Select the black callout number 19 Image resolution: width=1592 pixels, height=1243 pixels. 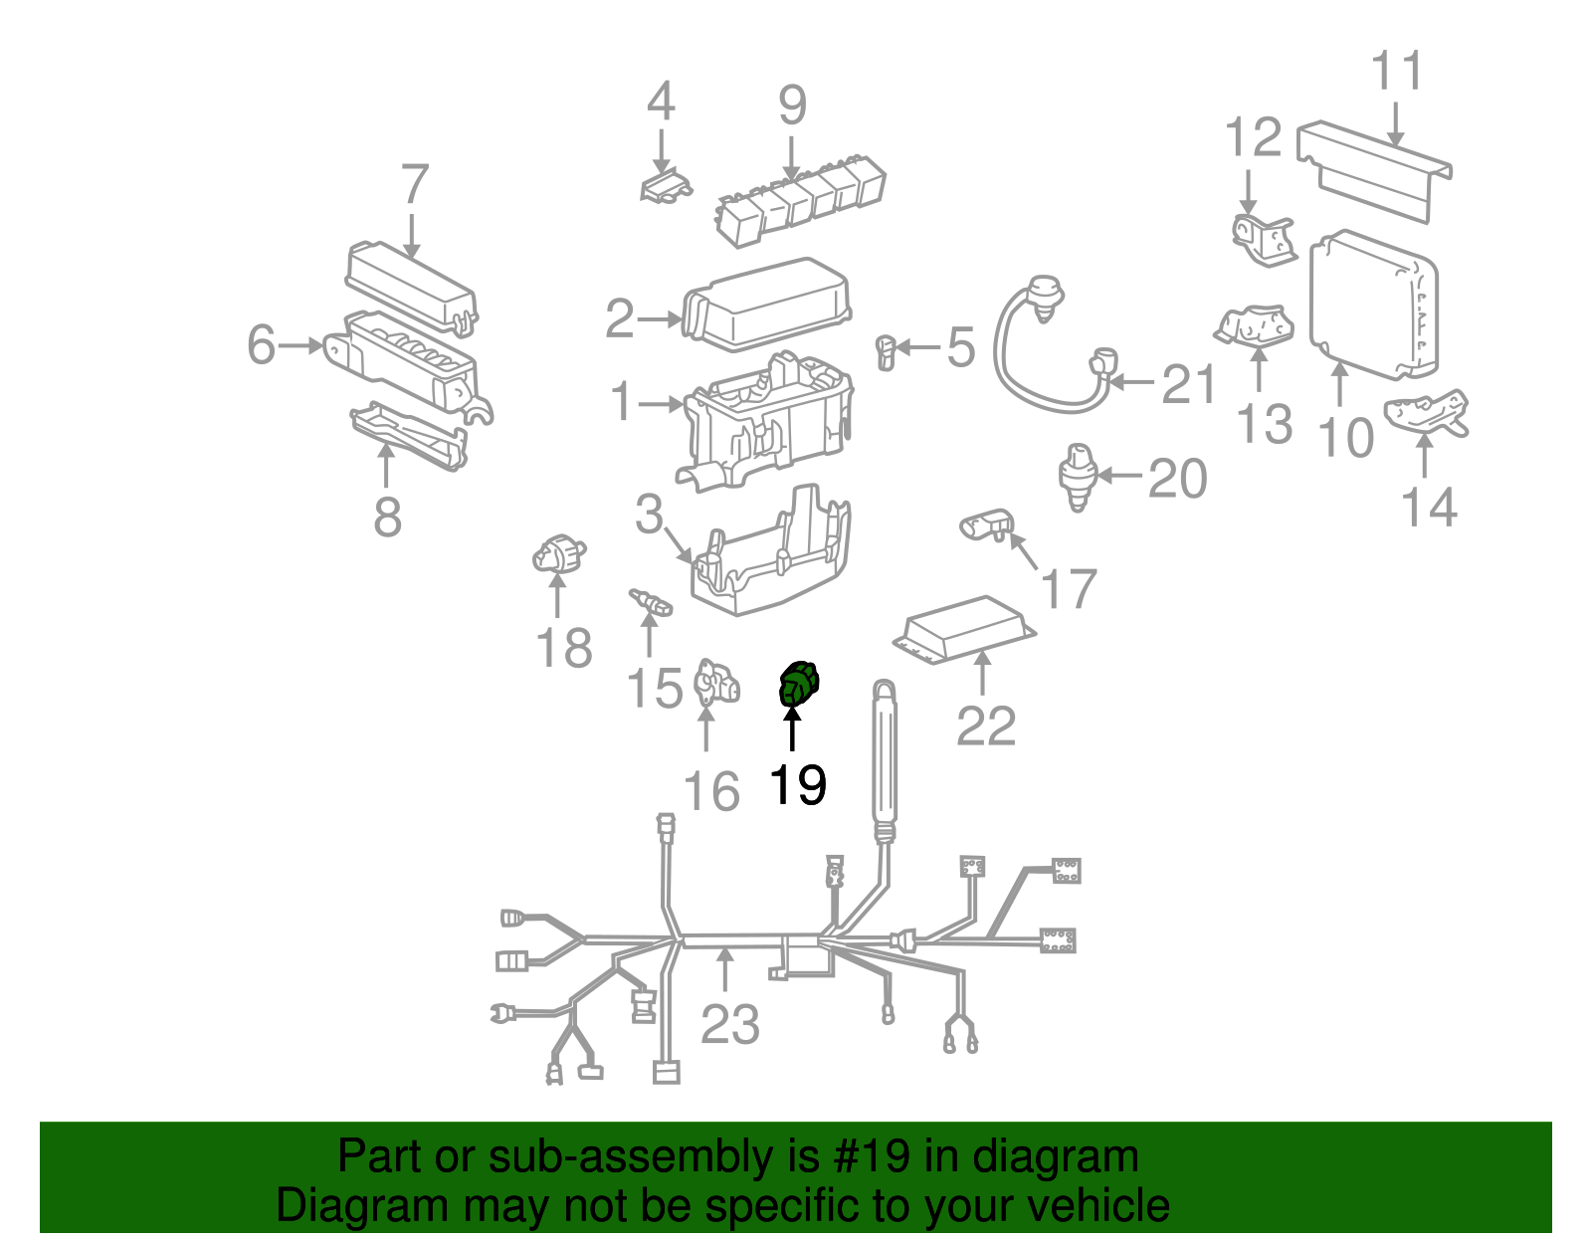click(x=798, y=785)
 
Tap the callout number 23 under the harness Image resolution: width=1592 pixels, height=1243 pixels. click(x=729, y=1024)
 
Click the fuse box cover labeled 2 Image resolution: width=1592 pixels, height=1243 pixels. click(x=767, y=304)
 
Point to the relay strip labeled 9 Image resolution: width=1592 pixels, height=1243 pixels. click(x=800, y=195)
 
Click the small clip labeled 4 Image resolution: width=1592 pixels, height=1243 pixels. click(x=665, y=186)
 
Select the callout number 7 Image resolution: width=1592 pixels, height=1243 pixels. click(x=414, y=185)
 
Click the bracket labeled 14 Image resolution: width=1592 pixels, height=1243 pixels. click(x=1427, y=412)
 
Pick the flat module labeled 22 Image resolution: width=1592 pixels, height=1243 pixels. click(x=963, y=629)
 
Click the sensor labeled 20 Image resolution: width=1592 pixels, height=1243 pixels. click(x=1077, y=477)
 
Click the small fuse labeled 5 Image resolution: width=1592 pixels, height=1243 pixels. click(x=886, y=351)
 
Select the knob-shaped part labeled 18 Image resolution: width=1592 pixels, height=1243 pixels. click(x=557, y=554)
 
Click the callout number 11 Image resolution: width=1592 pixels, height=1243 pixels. click(x=1396, y=72)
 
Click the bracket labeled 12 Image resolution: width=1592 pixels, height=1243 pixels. click(x=1261, y=240)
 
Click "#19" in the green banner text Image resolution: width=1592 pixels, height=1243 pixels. click(x=880, y=1157)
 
